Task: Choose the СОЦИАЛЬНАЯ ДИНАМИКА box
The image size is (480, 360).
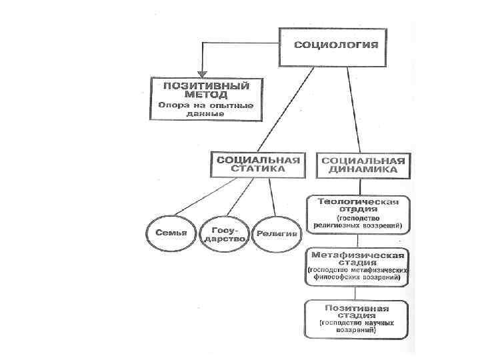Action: [363, 165]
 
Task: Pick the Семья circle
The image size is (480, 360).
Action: [170, 234]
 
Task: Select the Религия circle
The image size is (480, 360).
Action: [277, 234]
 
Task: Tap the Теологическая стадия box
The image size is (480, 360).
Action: [359, 213]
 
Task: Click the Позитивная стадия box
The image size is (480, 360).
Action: [357, 319]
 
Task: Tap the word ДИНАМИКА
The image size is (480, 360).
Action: [363, 171]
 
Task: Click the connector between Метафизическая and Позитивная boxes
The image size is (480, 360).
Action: [357, 293]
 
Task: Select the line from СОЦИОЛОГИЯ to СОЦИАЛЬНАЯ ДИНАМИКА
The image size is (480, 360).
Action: [353, 107]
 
